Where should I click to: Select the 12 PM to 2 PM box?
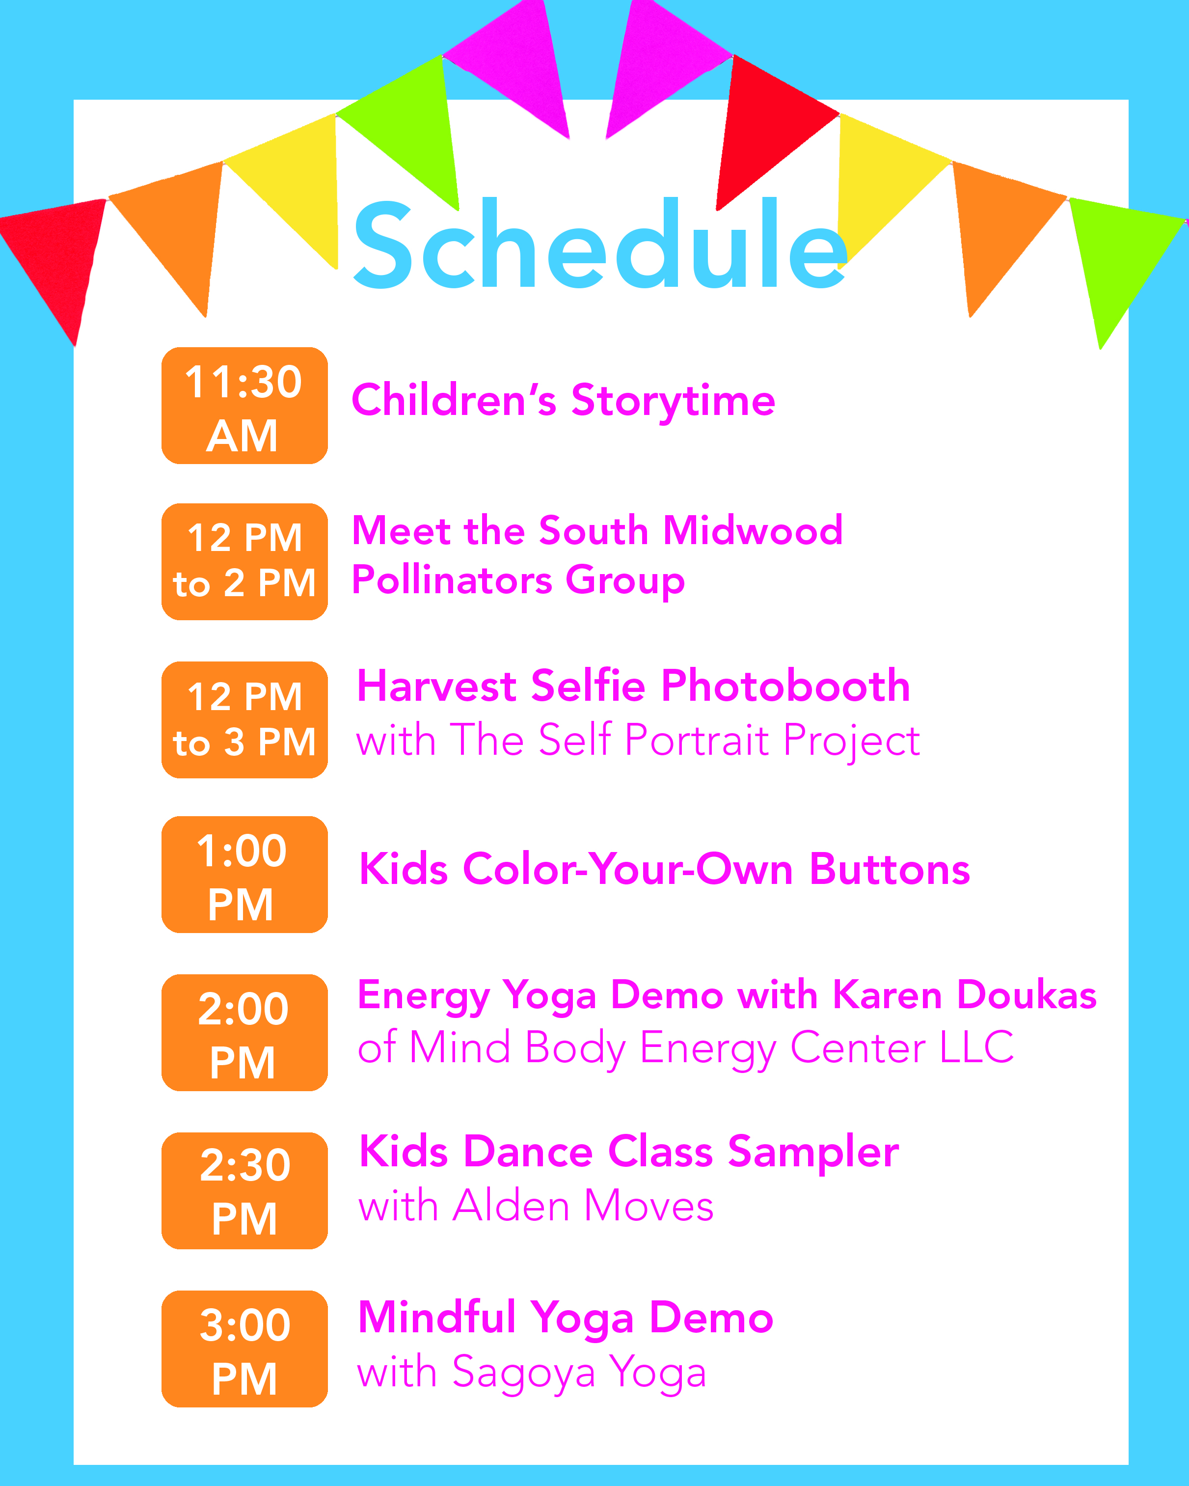coord(244,562)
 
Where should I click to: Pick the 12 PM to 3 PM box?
coord(244,719)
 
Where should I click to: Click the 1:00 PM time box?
coord(244,875)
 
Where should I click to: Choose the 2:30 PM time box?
coord(244,1190)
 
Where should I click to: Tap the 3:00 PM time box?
coord(244,1349)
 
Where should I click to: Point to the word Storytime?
coord(673,402)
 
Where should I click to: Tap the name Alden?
coord(511,1206)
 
